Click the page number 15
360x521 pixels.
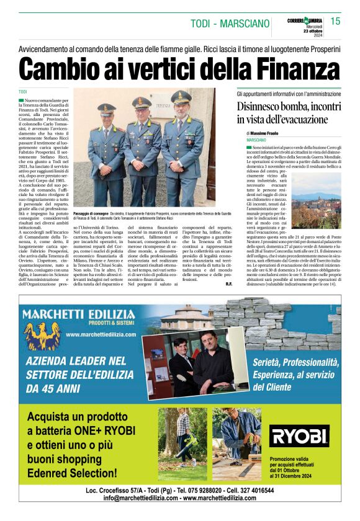click(335, 22)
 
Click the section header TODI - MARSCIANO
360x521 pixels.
click(229, 24)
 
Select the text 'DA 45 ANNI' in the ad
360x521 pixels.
click(53, 389)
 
